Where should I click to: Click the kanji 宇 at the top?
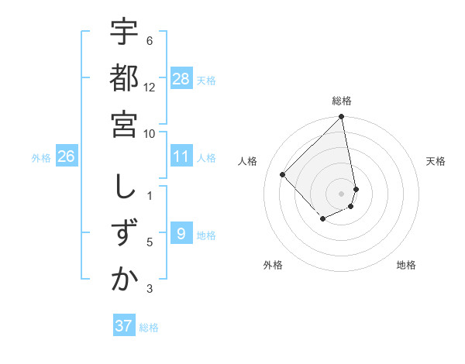point(125,33)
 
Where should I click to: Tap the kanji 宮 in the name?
point(125,124)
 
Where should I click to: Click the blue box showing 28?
point(181,79)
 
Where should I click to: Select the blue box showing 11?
point(181,156)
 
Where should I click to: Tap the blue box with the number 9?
point(181,234)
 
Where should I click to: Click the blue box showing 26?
point(67,156)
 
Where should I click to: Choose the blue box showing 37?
point(124,326)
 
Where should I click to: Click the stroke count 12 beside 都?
point(150,87)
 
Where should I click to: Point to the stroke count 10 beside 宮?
point(150,133)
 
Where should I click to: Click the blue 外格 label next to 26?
point(41,158)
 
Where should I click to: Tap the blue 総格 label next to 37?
point(149,328)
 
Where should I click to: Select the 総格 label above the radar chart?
point(342,101)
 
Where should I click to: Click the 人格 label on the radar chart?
point(248,161)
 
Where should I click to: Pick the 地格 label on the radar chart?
point(406,265)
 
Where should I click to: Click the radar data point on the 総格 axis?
point(342,118)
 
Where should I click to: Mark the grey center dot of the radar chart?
point(342,193)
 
